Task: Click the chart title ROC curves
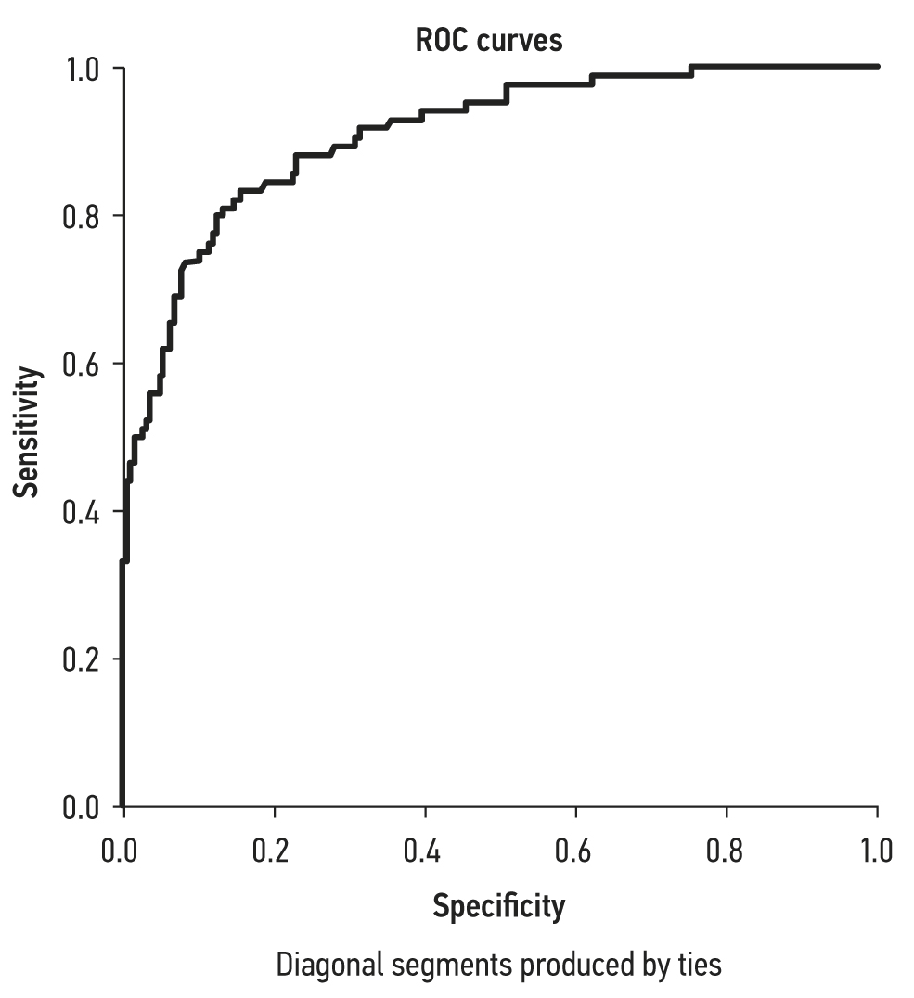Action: pyautogui.click(x=488, y=42)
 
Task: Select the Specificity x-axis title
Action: pyautogui.click(x=498, y=905)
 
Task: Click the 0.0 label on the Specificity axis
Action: pyautogui.click(x=122, y=850)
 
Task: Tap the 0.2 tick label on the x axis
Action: pyautogui.click(x=274, y=850)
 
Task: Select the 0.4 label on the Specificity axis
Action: pyautogui.click(x=425, y=850)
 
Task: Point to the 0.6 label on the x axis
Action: pyautogui.click(x=576, y=850)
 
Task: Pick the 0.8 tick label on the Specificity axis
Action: pyautogui.click(x=727, y=850)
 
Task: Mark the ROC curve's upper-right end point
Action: pyautogui.click(x=877, y=67)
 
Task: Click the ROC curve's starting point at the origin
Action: pyautogui.click(x=122, y=805)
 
